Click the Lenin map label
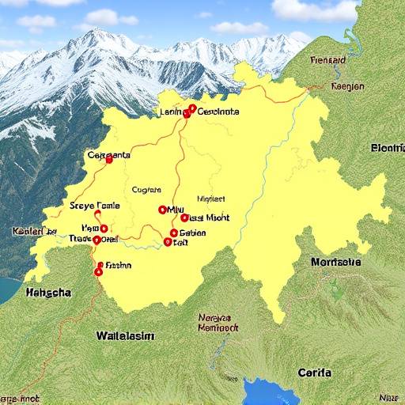tap(171, 112)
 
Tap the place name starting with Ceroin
tap(218, 112)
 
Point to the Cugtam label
tap(146, 190)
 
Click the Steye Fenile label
tap(94, 205)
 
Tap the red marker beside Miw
tap(162, 210)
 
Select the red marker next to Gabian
tap(173, 233)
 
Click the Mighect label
tap(211, 199)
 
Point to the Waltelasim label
tap(125, 335)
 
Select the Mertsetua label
tap(335, 262)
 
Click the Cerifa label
tap(314, 372)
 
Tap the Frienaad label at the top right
tap(328, 59)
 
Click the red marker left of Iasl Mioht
tap(184, 218)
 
